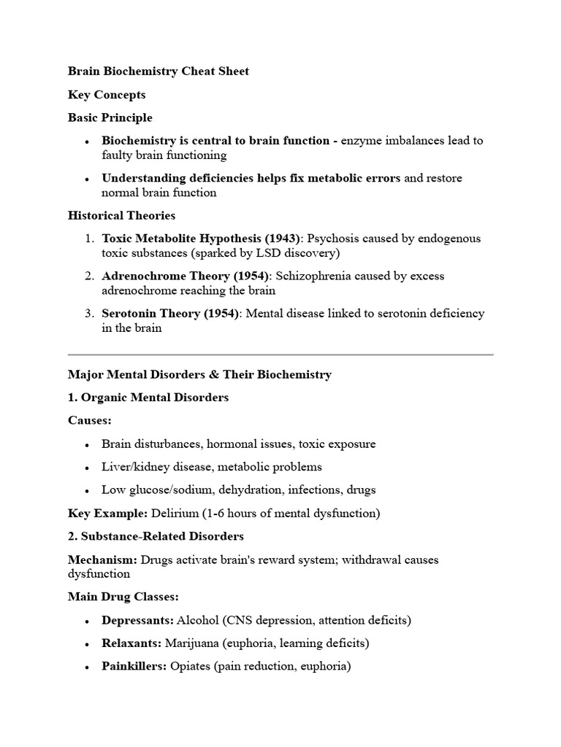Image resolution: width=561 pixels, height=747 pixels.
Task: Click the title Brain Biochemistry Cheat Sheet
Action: click(158, 71)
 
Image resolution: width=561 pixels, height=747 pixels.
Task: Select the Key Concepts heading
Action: click(107, 95)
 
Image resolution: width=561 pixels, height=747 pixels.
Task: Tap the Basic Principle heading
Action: click(110, 117)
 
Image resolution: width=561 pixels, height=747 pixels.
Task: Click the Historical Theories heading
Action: click(121, 216)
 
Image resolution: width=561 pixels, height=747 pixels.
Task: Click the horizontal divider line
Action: click(280, 355)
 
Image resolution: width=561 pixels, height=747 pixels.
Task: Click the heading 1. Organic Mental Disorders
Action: click(148, 398)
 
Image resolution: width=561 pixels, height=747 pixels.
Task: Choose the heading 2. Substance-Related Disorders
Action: click(156, 536)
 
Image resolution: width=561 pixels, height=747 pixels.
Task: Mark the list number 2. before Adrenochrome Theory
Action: click(88, 276)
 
